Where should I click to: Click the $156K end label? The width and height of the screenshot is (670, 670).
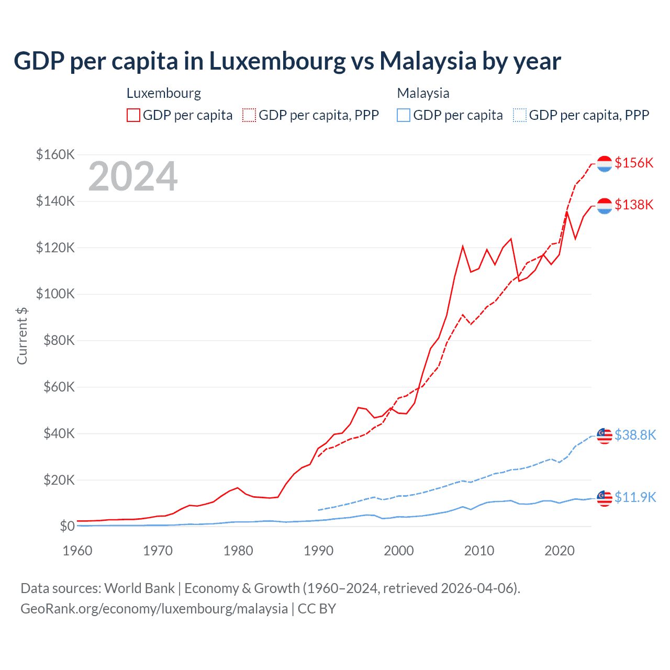[x=634, y=163]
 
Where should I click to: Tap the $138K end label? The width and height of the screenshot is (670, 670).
[x=634, y=205]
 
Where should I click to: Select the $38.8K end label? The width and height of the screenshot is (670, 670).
[x=635, y=435]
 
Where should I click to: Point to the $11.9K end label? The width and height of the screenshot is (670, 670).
[x=635, y=497]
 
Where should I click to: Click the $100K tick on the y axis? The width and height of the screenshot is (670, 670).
[x=55, y=294]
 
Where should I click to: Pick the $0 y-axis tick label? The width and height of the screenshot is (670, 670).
[x=67, y=526]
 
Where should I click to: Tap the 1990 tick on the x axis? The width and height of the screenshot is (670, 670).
[x=318, y=551]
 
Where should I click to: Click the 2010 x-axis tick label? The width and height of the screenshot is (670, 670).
[x=479, y=551]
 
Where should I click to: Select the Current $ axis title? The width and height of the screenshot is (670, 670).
[x=22, y=336]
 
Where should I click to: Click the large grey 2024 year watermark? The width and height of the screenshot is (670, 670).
[x=133, y=176]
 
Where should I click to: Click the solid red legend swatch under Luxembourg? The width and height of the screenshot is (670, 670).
[x=133, y=115]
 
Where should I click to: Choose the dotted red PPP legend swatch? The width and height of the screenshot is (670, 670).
[x=249, y=115]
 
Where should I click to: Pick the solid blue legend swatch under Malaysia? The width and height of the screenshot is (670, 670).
[x=404, y=115]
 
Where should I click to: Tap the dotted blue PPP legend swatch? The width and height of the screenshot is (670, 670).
[x=520, y=115]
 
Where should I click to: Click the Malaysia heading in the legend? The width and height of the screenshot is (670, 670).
[x=423, y=93]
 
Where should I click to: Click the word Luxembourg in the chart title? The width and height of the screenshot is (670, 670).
[x=277, y=61]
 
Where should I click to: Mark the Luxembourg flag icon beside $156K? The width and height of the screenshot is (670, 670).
[x=605, y=163]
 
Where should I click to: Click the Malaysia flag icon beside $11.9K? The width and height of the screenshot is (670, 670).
[x=605, y=498]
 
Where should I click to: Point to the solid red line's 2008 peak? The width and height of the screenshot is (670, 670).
[x=463, y=246]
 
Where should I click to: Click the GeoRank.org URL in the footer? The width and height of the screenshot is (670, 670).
[x=154, y=609]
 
